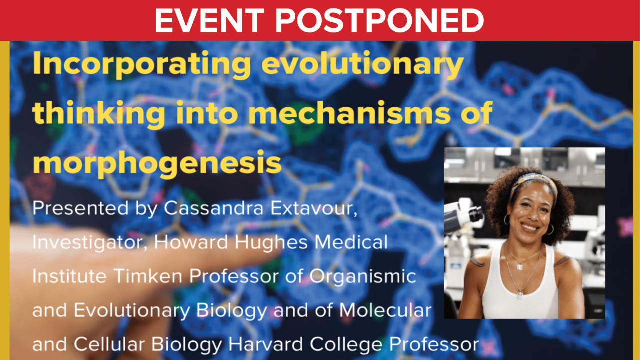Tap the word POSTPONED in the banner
point(379,20)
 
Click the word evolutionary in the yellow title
point(362,65)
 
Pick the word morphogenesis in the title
point(157,164)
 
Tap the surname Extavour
point(314,208)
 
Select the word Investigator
point(89,243)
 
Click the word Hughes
point(271,242)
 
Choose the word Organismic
point(363,277)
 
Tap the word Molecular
point(385,310)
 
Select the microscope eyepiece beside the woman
point(475,214)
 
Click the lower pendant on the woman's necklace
point(520,295)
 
